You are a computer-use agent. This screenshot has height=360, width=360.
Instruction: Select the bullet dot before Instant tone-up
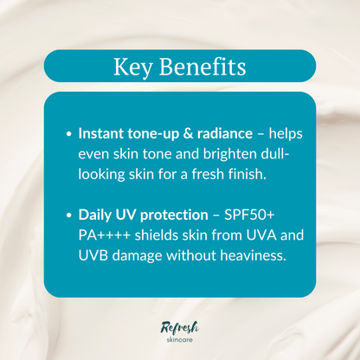coord(69,135)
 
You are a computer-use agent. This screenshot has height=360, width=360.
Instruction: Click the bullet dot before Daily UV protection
coord(69,213)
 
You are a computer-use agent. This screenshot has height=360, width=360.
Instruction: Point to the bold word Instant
coord(102,134)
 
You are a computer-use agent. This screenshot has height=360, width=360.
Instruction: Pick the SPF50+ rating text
coord(252,212)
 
